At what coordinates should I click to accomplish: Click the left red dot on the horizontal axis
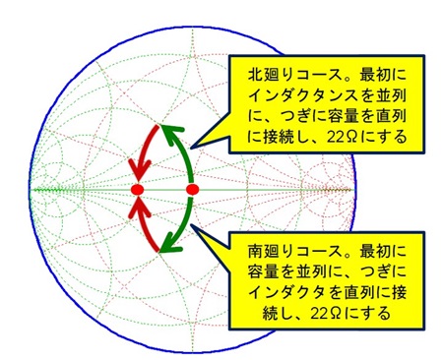point(138,188)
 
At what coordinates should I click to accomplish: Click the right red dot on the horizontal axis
point(192,188)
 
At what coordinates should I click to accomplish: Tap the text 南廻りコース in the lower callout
point(283,241)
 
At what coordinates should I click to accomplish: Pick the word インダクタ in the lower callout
point(283,288)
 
